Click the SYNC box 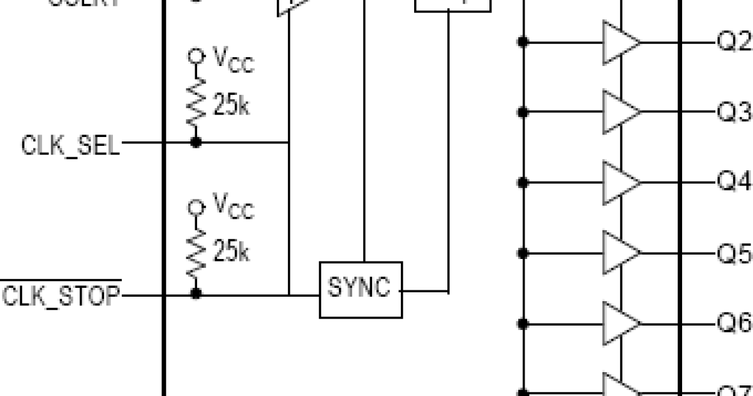tap(361, 290)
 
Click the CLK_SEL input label tap(70, 146)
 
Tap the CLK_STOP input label tap(61, 295)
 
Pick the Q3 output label tap(734, 113)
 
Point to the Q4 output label tap(734, 182)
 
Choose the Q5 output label tap(734, 253)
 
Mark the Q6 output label tap(734, 323)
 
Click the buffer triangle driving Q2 tap(620, 43)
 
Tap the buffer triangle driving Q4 tap(620, 183)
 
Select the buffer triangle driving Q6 tap(620, 324)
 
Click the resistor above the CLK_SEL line tap(196, 101)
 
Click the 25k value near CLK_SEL tap(231, 106)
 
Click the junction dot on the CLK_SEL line tap(196, 143)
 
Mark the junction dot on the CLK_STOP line tap(196, 294)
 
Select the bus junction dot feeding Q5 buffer tap(522, 253)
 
